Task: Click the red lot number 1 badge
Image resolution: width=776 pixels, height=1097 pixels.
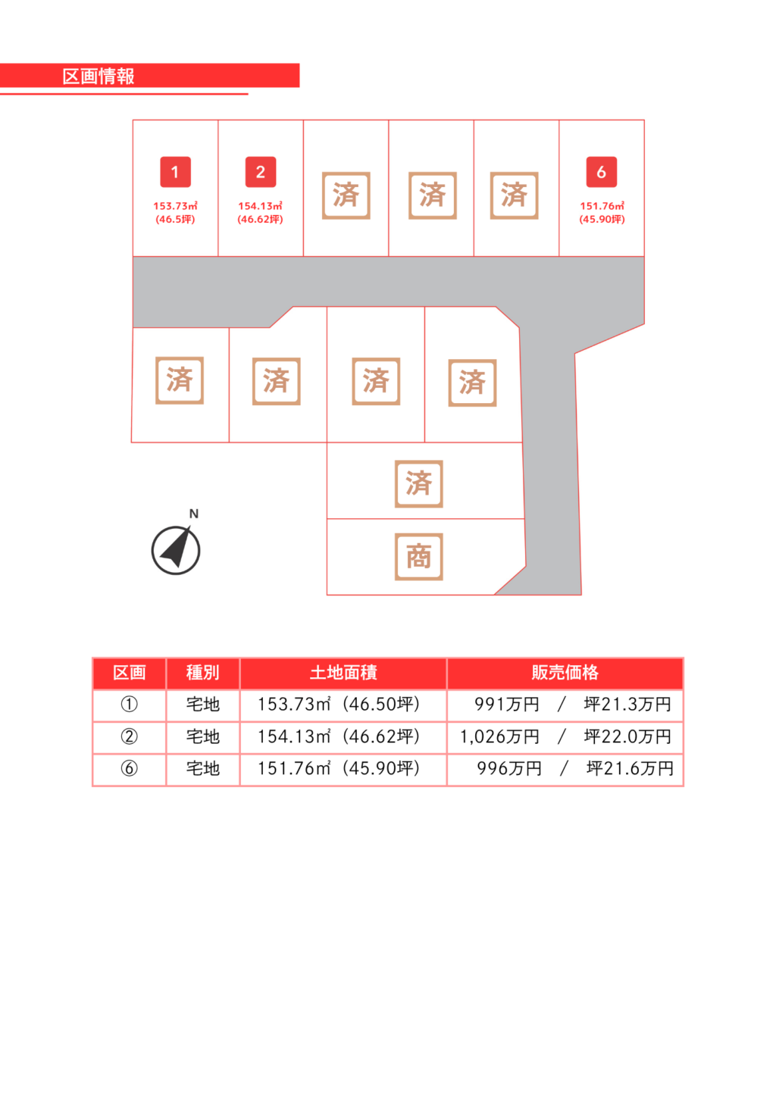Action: point(175,172)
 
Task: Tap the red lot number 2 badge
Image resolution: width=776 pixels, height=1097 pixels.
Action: point(261,172)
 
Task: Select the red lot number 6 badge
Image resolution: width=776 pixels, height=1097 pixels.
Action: point(602,172)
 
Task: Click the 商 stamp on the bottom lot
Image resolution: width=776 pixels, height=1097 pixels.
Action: point(419,557)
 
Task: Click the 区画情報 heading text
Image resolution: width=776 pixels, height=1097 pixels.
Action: point(99,77)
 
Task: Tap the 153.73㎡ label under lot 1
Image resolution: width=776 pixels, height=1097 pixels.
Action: point(175,206)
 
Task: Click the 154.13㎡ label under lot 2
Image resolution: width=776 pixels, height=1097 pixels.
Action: point(261,206)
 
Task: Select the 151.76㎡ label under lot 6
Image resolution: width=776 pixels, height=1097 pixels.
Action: point(602,206)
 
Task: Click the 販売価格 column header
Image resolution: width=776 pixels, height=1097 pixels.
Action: point(565,673)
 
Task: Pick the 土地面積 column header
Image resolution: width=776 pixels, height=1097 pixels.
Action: point(343,673)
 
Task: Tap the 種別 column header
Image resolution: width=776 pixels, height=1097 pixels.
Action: point(203,673)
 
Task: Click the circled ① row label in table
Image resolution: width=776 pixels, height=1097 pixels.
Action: point(130,705)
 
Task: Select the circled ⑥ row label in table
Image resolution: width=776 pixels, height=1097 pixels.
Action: point(130,768)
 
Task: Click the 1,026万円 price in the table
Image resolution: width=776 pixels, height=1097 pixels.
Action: point(499,736)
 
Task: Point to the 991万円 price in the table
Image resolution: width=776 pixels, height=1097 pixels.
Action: point(506,705)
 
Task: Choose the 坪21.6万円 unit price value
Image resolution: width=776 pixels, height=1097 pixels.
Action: point(630,768)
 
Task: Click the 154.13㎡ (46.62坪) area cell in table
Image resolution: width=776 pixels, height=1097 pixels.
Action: point(339,736)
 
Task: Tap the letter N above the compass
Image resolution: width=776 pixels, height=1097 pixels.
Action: point(194,514)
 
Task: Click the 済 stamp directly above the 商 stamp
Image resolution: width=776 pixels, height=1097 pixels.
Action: point(419,484)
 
